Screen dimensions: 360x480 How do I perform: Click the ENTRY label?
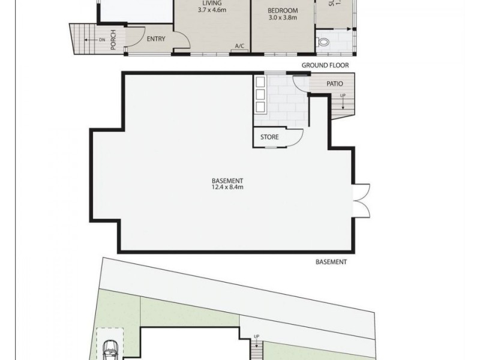pyautogui.click(x=156, y=39)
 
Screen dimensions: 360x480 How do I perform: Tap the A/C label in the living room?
pyautogui.click(x=240, y=46)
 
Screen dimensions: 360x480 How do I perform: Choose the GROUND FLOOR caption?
pyautogui.click(x=325, y=65)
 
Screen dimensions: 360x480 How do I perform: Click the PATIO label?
pyautogui.click(x=334, y=84)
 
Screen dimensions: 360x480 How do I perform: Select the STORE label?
pyautogui.click(x=269, y=137)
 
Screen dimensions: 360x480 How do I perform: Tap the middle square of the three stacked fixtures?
pyautogui.click(x=260, y=94)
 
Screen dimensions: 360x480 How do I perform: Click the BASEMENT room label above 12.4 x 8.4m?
pyautogui.click(x=227, y=181)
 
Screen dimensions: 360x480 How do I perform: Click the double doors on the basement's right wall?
pyautogui.click(x=362, y=200)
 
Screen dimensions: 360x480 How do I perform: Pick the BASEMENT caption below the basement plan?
pyautogui.click(x=331, y=262)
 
